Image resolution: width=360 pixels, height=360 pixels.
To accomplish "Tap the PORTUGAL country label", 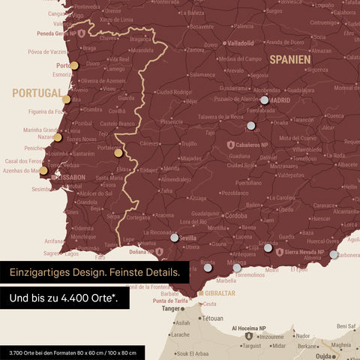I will click(36, 93).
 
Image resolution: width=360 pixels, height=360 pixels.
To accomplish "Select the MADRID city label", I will click(280, 100).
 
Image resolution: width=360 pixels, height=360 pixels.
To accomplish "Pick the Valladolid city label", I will click(241, 43).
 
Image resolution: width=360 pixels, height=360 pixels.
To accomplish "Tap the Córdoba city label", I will click(236, 215).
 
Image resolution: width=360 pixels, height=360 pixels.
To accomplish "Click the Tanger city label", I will click(172, 308).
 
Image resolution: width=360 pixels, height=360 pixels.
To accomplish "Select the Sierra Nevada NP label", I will click(308, 253).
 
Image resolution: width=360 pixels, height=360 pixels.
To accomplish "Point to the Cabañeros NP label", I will click(253, 143).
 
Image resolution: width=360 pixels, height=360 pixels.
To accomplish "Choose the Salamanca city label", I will click(202, 75).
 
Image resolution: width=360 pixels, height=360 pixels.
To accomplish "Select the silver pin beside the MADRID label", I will click(264, 100).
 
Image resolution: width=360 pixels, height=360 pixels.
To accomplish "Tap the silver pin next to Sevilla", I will click(175, 238).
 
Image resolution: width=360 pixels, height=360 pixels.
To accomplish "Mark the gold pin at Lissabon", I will click(43, 170).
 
